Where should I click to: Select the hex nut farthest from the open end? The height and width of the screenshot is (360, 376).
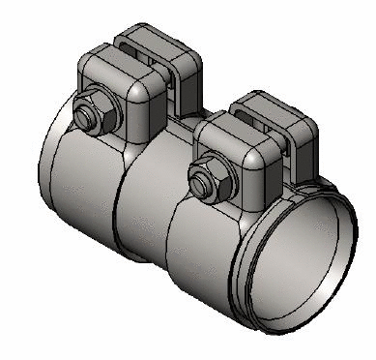[90, 111]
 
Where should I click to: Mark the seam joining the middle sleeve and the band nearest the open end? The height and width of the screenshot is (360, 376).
[171, 232]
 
